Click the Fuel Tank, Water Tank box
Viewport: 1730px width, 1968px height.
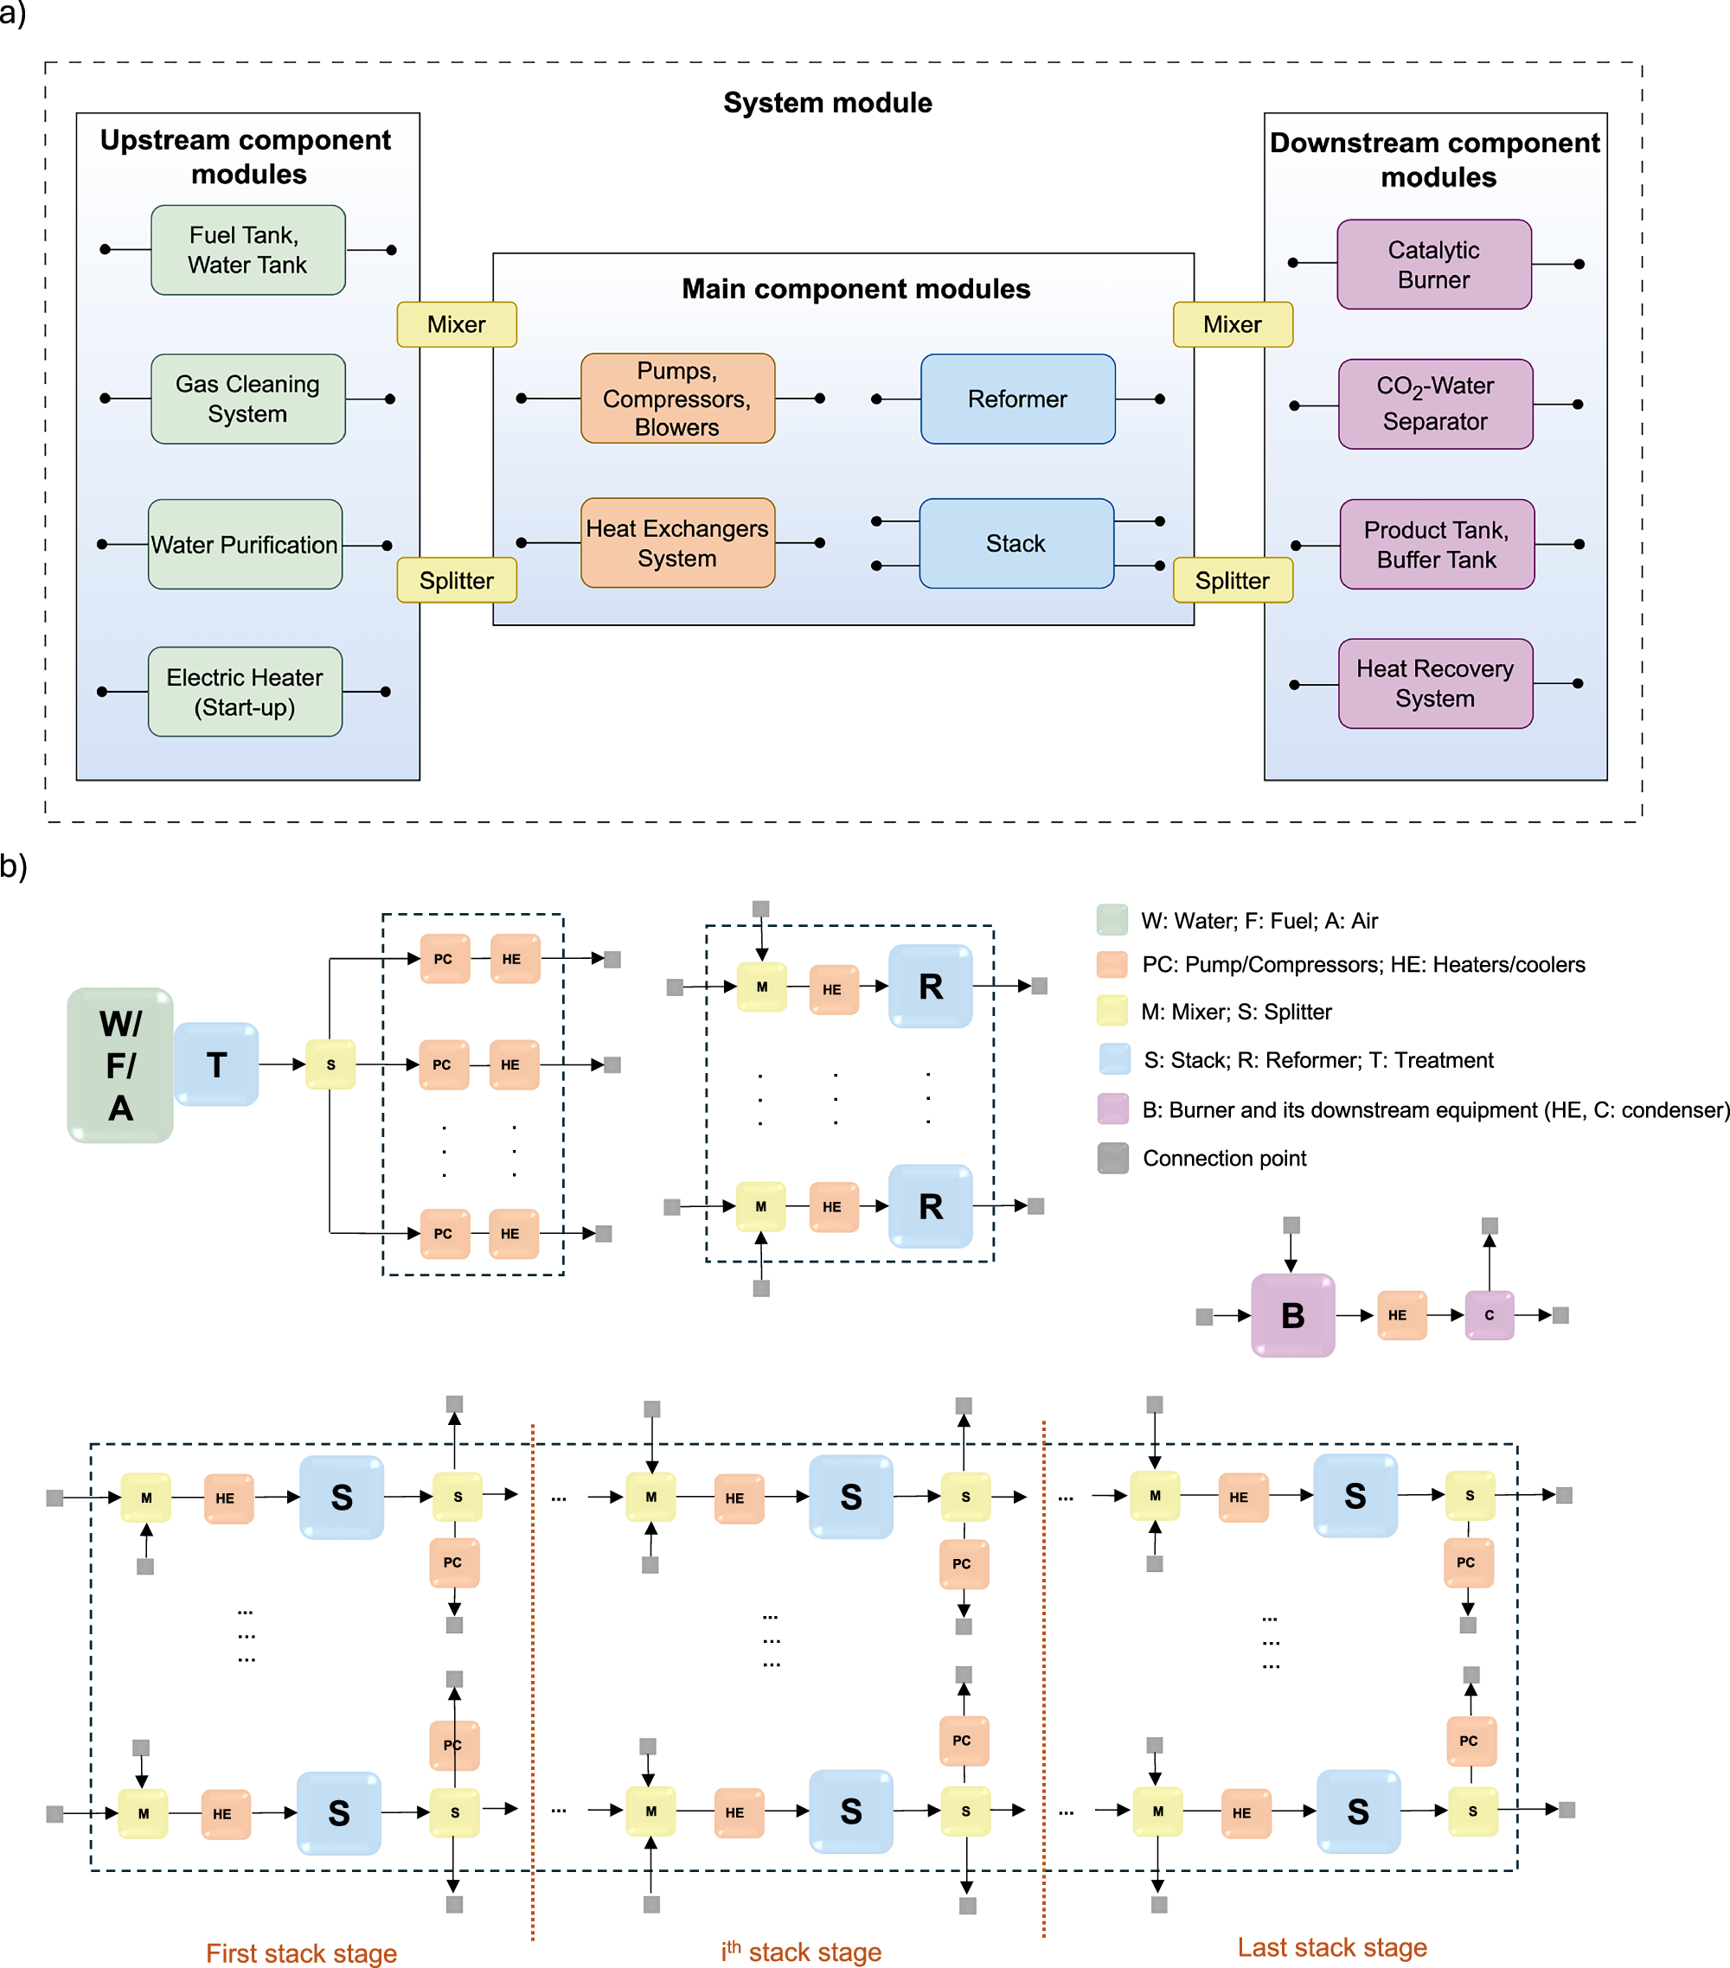click(x=247, y=251)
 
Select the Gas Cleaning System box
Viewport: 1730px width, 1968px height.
click(x=247, y=399)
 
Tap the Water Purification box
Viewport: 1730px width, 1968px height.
click(x=245, y=544)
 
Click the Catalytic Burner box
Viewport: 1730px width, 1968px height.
click(x=1433, y=265)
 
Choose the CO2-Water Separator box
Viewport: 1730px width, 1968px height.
click(x=1434, y=405)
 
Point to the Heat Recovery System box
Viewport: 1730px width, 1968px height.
click(x=1434, y=684)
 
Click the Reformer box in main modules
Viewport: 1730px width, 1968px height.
click(x=1017, y=399)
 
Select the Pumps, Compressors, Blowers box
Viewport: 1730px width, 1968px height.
click(x=677, y=399)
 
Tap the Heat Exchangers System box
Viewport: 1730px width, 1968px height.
click(x=677, y=543)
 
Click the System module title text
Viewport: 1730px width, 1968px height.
click(x=828, y=103)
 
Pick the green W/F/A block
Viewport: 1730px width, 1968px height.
click(x=120, y=1065)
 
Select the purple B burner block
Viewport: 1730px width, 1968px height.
click(x=1292, y=1315)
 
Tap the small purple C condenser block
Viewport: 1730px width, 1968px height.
click(x=1490, y=1315)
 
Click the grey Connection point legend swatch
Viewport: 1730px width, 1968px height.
click(x=1112, y=1159)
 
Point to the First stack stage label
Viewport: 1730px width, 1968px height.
click(x=302, y=1952)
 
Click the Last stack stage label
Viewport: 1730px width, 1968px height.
click(x=1332, y=1947)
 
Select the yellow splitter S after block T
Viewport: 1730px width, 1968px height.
click(x=330, y=1065)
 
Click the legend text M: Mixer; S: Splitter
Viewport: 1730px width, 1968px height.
click(x=1236, y=1012)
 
